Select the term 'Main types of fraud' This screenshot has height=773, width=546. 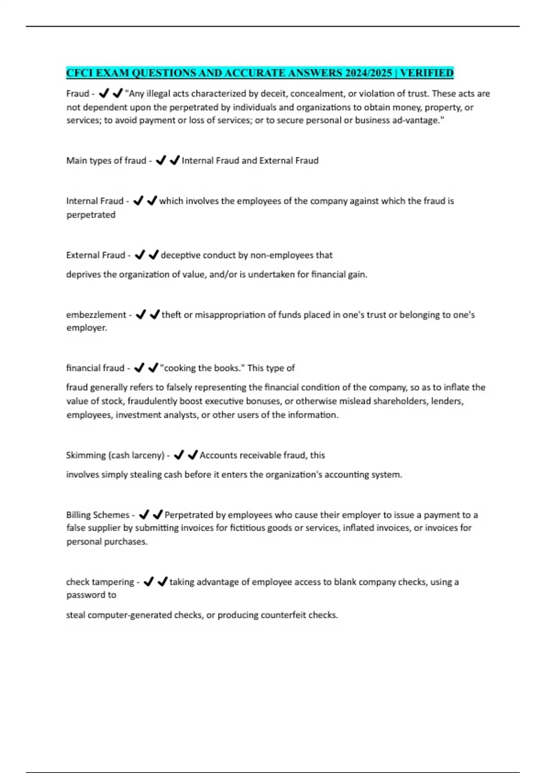pos(106,161)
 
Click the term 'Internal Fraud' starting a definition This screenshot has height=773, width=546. pos(95,201)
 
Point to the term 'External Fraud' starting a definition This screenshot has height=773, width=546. pos(96,255)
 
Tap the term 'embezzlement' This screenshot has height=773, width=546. pos(96,315)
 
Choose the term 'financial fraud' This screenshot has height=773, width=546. pos(95,368)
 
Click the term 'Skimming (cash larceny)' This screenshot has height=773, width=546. pos(115,455)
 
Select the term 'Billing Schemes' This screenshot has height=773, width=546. pos(98,515)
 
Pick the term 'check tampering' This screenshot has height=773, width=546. pos(100,582)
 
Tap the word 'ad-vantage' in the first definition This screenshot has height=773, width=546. pos(418,120)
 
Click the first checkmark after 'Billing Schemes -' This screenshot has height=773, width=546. pos(144,515)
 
